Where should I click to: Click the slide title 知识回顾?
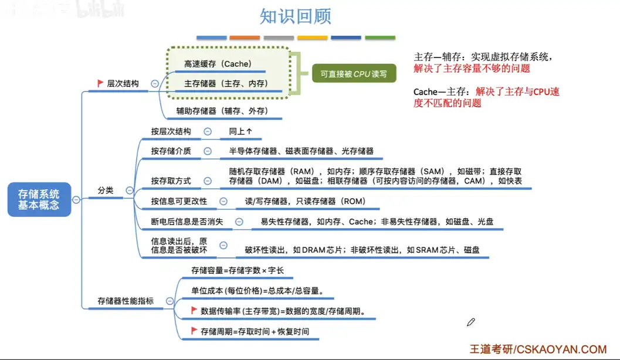point(295,16)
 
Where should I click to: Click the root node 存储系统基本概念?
point(39,199)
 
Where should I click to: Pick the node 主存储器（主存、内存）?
point(226,84)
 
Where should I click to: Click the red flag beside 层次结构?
point(100,84)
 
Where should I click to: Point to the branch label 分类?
point(106,191)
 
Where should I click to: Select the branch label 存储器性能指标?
point(126,301)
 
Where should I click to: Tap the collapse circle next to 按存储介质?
point(207,151)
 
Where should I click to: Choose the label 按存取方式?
point(171,181)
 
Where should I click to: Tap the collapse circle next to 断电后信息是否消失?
point(239,222)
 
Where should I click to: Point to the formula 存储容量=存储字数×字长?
point(238,271)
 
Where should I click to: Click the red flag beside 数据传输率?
point(194,311)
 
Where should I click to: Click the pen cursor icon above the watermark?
point(470,322)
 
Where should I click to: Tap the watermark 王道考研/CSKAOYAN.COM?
point(537,349)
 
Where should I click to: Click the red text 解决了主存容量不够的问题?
point(472,69)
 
